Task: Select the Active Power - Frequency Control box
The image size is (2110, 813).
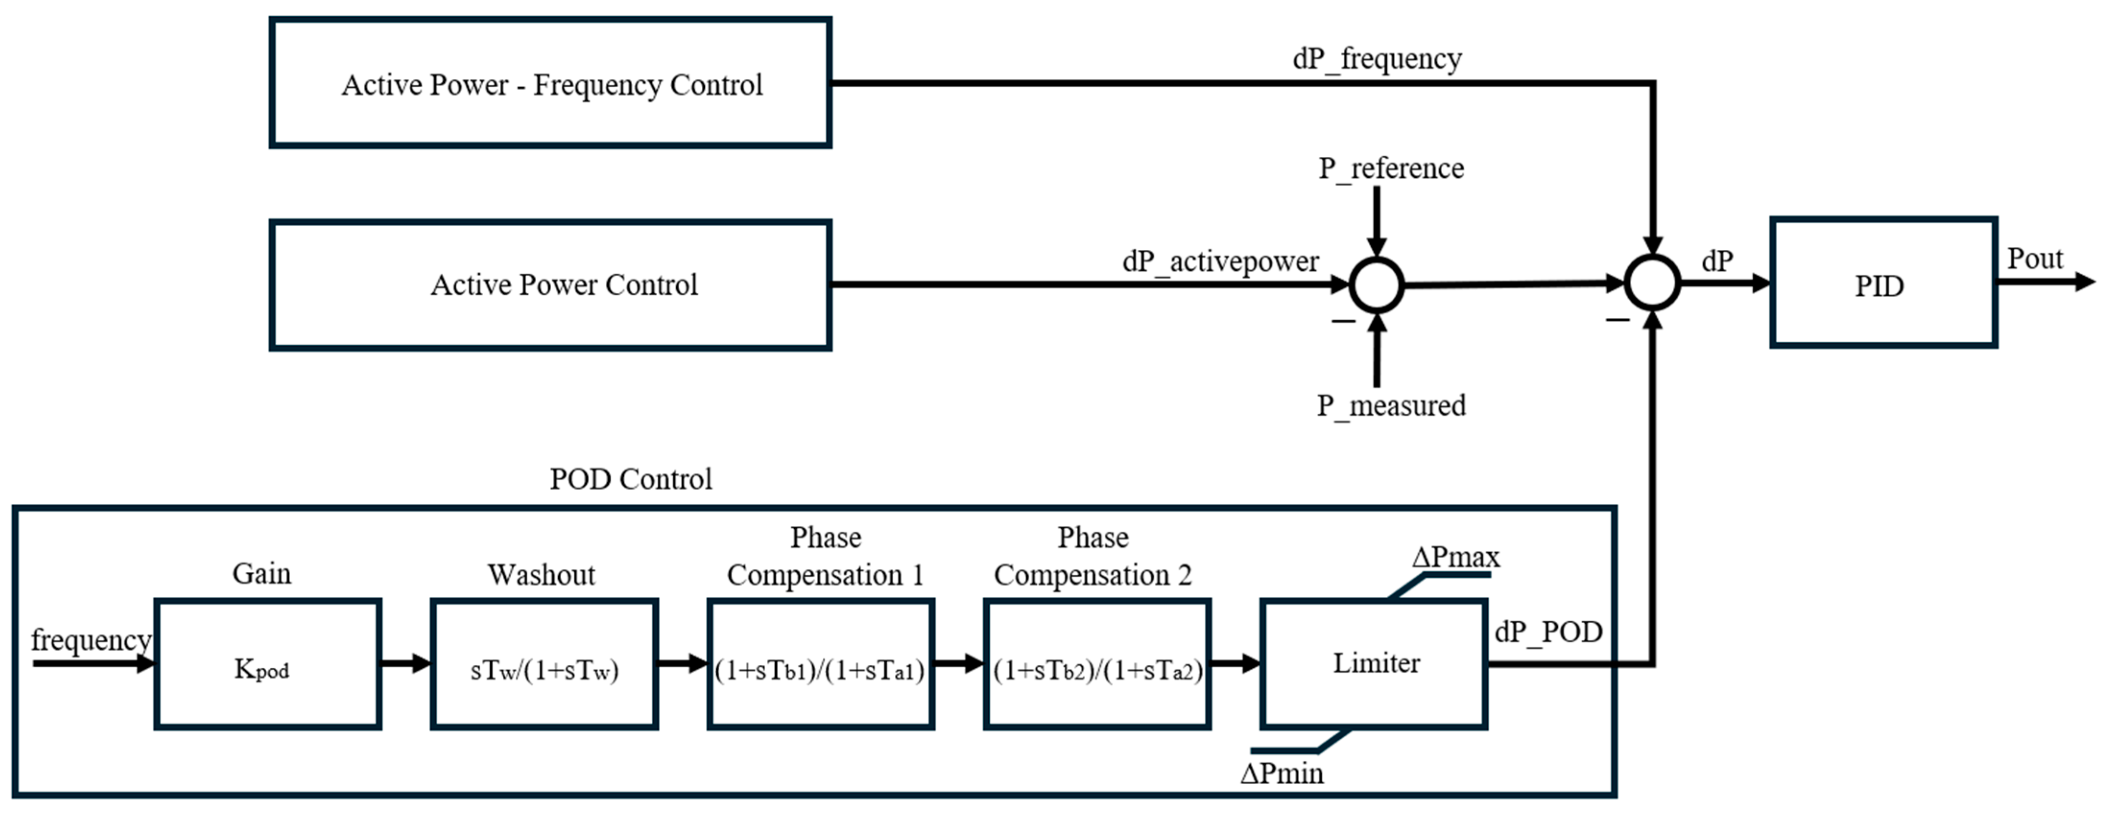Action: point(550,83)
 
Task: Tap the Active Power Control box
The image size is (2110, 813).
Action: point(550,285)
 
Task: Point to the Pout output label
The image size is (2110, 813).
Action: point(2035,259)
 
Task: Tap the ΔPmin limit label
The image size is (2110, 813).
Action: point(1281,773)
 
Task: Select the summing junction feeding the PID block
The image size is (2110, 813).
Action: point(1652,283)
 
